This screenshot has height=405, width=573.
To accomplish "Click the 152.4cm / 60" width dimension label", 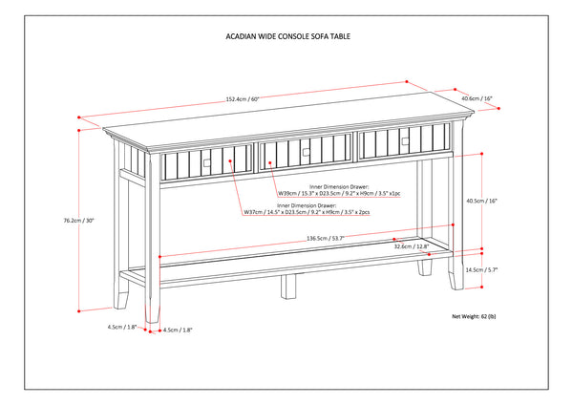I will pos(243,99).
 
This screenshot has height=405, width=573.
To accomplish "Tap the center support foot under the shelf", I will pos(286,285).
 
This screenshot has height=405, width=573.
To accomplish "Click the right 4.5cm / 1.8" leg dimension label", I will pos(179,330).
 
